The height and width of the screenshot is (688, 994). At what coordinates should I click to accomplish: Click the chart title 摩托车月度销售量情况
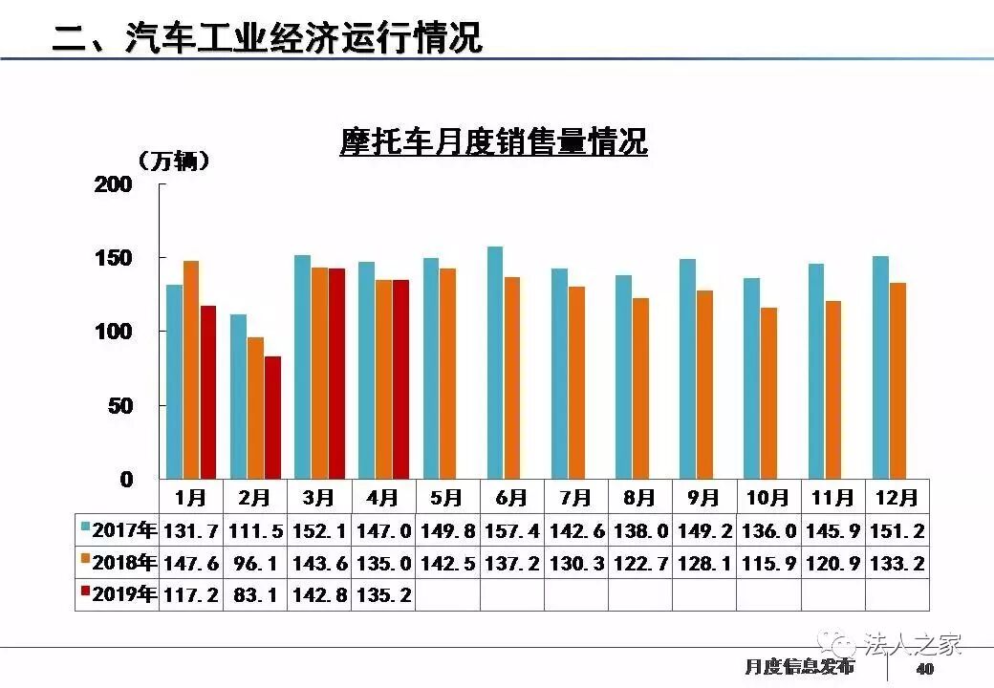[x=493, y=142]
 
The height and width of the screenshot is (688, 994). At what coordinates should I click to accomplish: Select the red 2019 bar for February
[x=273, y=417]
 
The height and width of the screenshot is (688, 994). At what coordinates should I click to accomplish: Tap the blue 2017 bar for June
[x=495, y=362]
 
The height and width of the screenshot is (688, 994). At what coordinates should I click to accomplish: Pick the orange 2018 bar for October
[x=768, y=392]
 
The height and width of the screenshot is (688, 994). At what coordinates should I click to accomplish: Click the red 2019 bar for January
[x=207, y=392]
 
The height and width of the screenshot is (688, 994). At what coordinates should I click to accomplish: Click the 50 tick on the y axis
[x=119, y=406]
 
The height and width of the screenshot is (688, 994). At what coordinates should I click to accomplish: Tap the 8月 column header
[x=639, y=498]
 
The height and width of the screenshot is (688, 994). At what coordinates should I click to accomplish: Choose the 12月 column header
[x=897, y=498]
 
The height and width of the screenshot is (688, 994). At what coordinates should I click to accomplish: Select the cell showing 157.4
[x=511, y=531]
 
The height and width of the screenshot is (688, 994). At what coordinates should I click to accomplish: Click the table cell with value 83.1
[x=255, y=594]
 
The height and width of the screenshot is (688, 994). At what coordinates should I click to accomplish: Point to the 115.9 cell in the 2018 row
[x=768, y=563]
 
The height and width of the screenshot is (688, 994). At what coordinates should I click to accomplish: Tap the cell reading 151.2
[x=897, y=531]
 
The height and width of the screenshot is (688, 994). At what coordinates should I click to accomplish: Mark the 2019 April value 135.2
[x=383, y=594]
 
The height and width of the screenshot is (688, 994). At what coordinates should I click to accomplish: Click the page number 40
[x=924, y=668]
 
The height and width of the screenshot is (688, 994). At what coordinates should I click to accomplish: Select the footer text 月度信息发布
[x=799, y=667]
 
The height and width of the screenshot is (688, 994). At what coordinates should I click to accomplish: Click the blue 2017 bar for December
[x=880, y=367]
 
